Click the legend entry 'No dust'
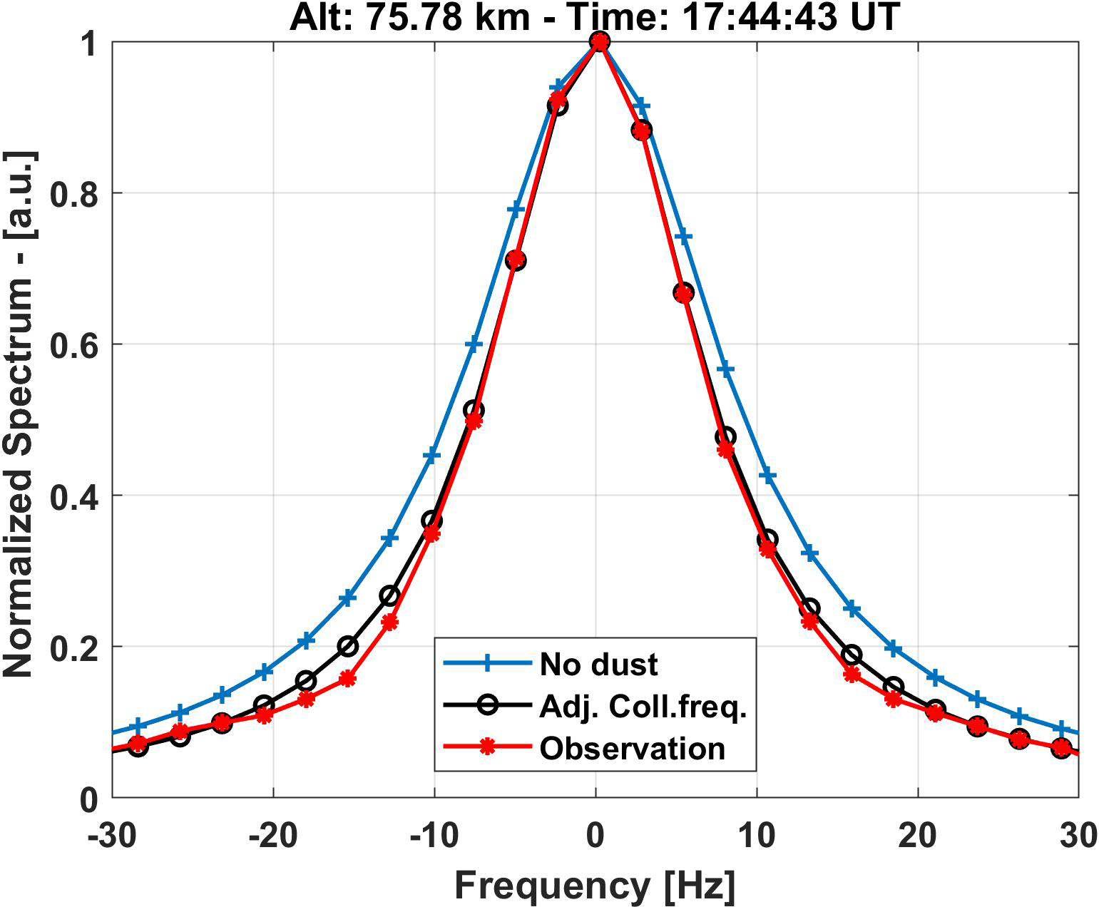[x=598, y=665]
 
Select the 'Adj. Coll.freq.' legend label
[x=643, y=707]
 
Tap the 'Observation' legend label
[x=632, y=749]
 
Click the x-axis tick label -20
[x=274, y=835]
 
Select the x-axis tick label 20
[x=918, y=835]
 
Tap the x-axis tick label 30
[x=1078, y=835]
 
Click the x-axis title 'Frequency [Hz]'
[x=595, y=886]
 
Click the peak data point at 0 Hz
[x=600, y=42]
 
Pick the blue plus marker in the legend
[x=488, y=664]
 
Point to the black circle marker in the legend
[x=488, y=706]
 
